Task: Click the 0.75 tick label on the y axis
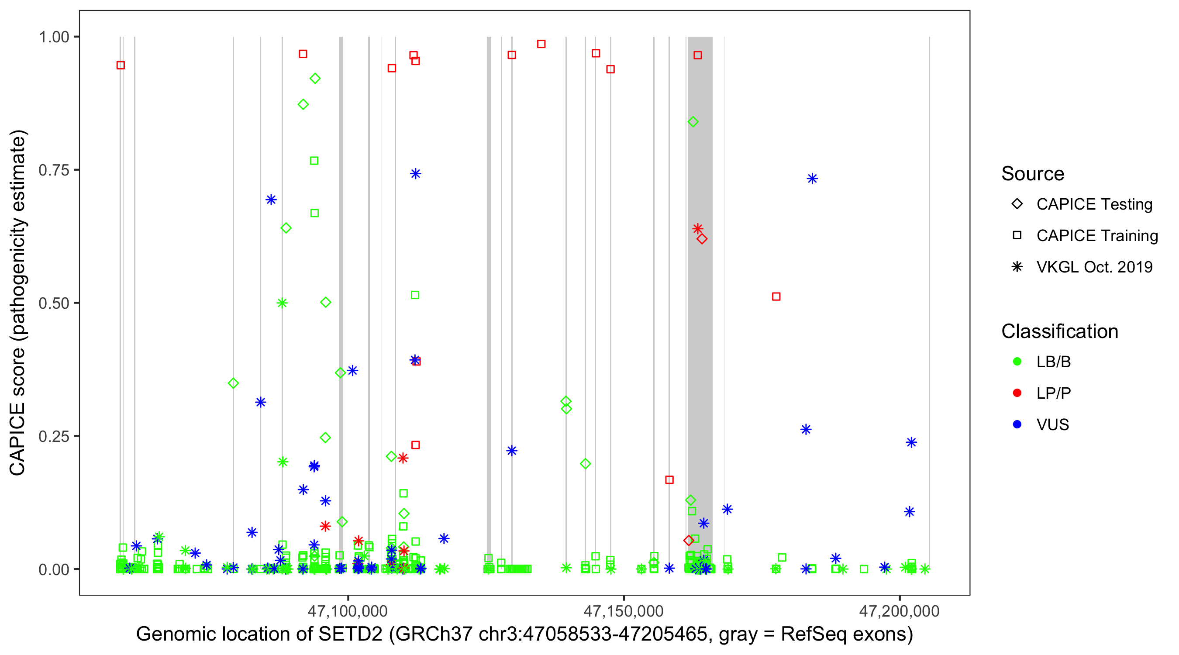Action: point(53,170)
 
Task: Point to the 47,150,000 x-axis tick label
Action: point(624,611)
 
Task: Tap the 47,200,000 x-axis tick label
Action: point(900,611)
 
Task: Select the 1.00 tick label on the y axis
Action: point(53,37)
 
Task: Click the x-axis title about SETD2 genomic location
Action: point(524,634)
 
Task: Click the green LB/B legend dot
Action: point(1017,362)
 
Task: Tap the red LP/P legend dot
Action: point(1017,393)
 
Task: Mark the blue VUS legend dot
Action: point(1017,425)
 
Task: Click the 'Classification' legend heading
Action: point(1059,331)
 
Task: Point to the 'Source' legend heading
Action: point(1032,174)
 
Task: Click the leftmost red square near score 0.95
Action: point(121,65)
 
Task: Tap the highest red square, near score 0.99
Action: point(541,44)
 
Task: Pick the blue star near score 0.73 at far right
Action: point(812,179)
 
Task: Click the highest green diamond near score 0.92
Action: point(315,79)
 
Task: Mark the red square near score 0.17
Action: point(669,480)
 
